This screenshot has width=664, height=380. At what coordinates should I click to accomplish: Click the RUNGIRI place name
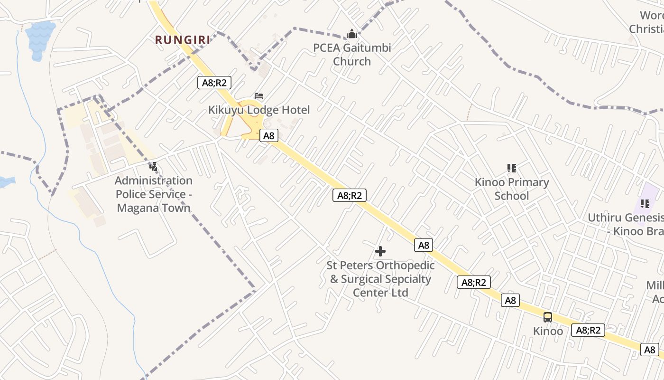182,40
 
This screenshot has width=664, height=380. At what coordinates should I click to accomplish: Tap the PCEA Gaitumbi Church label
352,55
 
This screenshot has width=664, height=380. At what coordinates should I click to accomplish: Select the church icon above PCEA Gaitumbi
352,34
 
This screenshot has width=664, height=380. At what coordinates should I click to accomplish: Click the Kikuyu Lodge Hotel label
259,110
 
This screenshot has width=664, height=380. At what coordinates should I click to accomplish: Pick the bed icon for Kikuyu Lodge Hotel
259,96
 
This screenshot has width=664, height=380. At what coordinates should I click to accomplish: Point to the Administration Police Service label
154,194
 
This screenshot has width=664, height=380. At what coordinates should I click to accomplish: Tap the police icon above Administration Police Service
154,167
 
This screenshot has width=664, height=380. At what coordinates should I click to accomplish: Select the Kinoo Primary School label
512,189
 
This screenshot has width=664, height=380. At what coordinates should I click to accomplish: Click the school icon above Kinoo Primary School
512,168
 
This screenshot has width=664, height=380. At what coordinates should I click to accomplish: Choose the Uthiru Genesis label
626,224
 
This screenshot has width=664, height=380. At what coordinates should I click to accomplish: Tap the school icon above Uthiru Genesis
645,204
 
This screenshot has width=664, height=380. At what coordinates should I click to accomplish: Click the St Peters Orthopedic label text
380,279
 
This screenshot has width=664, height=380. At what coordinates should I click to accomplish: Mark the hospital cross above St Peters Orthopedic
380,251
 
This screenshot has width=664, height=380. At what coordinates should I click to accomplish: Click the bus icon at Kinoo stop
548,317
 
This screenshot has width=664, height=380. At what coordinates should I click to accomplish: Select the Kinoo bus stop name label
548,331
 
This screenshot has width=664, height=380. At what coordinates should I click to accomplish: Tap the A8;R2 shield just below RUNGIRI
214,83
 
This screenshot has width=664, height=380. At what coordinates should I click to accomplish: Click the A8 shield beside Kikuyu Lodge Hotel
269,135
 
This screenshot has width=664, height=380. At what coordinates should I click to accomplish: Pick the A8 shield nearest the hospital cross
424,245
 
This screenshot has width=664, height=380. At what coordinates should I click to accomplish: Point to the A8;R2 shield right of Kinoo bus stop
588,330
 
